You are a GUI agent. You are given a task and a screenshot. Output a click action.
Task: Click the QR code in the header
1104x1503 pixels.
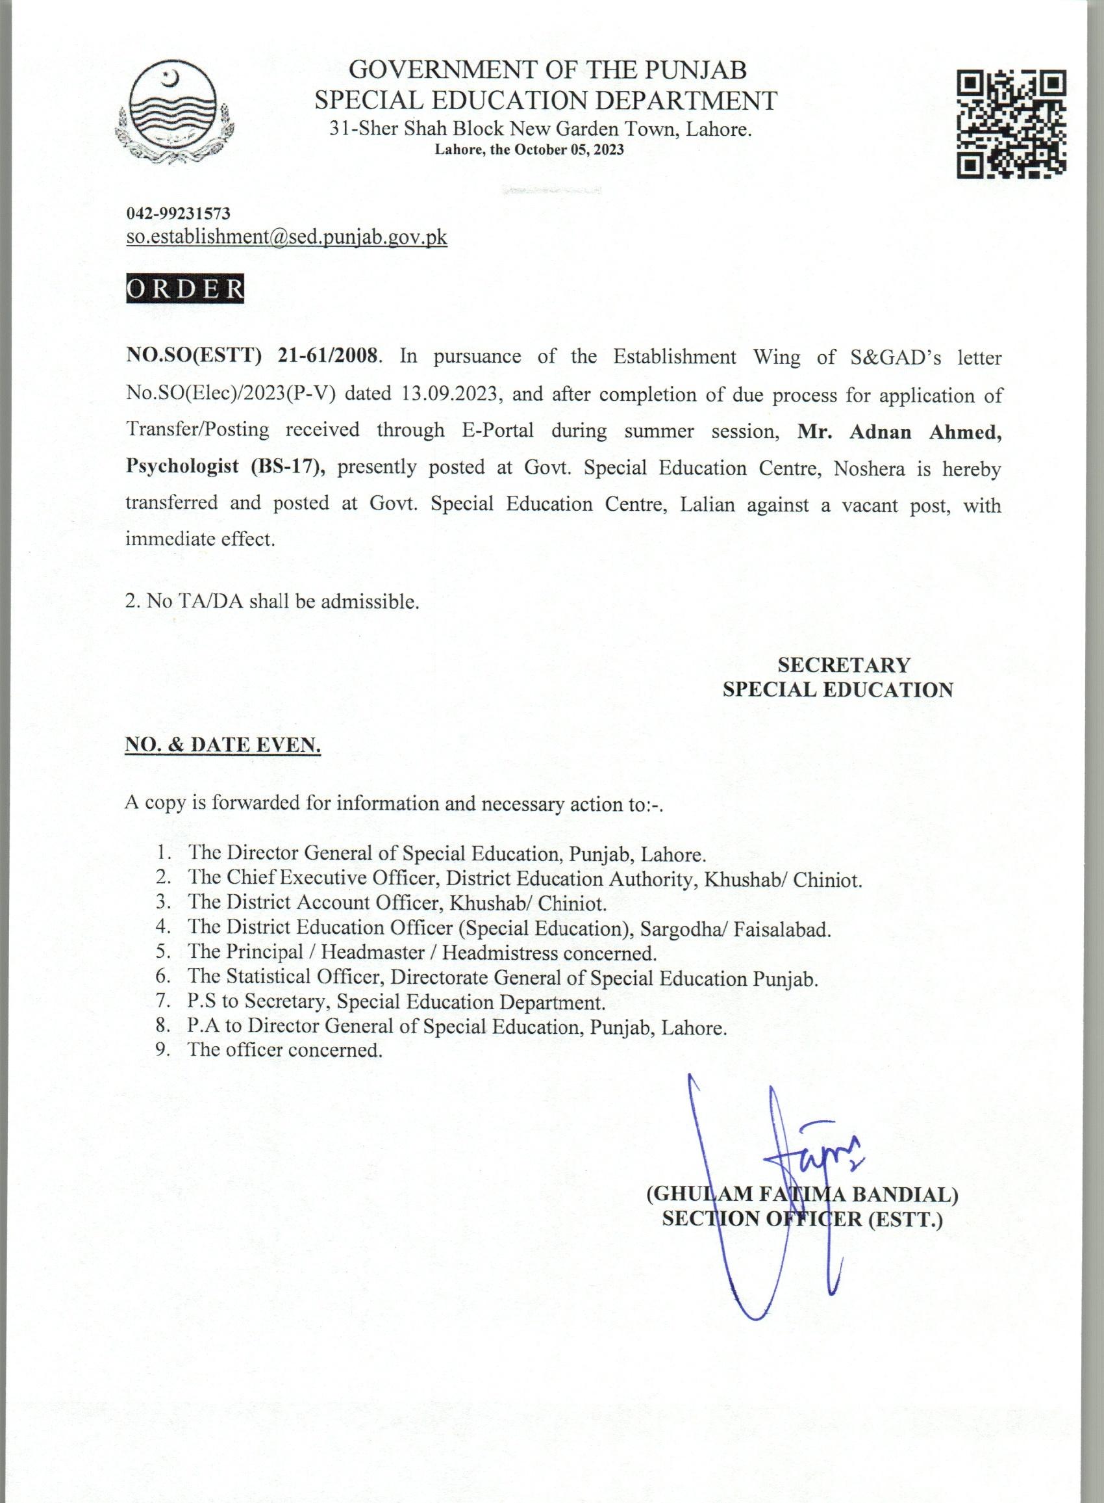pyautogui.click(x=1011, y=124)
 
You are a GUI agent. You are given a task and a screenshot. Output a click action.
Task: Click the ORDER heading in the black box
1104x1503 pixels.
pyautogui.click(x=185, y=289)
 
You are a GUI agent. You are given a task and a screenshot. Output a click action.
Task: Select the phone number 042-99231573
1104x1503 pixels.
pyautogui.click(x=179, y=214)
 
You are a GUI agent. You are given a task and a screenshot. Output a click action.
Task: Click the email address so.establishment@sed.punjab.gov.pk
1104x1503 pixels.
pyautogui.click(x=286, y=237)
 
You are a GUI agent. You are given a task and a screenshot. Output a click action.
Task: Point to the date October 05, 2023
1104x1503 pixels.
pyautogui.click(x=569, y=149)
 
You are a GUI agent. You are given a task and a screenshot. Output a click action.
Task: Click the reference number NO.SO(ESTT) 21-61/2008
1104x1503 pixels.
pyautogui.click(x=253, y=356)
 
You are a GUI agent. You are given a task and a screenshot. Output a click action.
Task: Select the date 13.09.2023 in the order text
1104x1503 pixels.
pyautogui.click(x=451, y=393)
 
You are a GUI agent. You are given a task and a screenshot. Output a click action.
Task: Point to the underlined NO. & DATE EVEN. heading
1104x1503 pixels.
pyautogui.click(x=223, y=745)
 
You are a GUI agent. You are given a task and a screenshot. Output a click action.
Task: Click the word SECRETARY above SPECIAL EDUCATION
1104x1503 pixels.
pyautogui.click(x=844, y=665)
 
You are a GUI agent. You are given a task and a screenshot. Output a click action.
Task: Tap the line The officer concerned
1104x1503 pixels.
pyautogui.click(x=284, y=1049)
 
